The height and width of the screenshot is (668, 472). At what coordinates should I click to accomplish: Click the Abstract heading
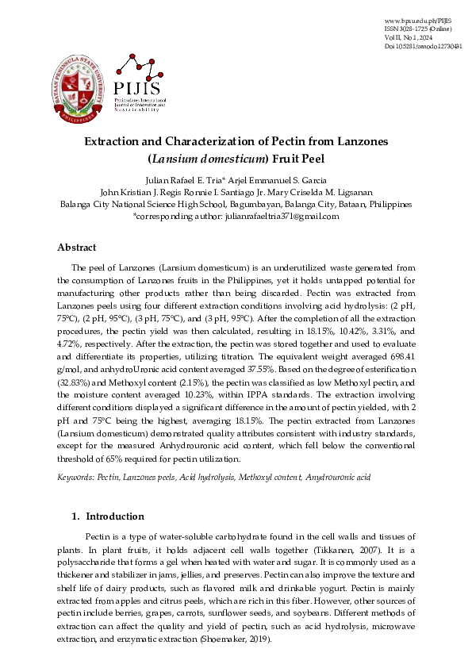[x=77, y=247]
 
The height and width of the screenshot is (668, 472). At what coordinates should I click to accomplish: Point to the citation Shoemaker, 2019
[x=239, y=639]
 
